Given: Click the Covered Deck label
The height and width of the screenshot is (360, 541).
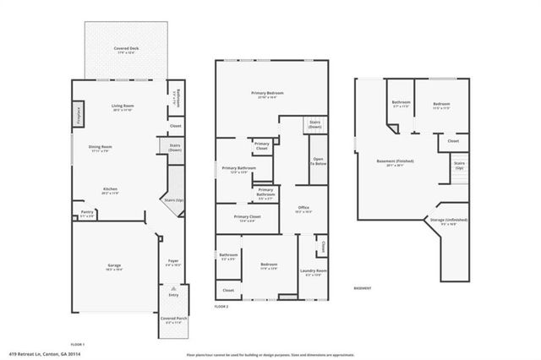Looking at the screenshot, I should (128, 50).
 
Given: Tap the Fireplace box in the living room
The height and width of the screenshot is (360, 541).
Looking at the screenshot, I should (77, 112).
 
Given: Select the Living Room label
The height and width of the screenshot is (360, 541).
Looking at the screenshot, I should (123, 106).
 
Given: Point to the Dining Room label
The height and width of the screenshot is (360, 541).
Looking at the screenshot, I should (101, 147).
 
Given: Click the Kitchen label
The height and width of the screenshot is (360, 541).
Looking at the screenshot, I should (110, 188).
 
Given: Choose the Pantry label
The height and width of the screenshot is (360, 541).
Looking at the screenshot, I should (87, 212).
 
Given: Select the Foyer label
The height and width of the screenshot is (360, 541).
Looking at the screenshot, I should (172, 261).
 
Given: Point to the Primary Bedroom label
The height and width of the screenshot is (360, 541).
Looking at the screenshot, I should (267, 92).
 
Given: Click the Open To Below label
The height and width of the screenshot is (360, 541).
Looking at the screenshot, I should (319, 161).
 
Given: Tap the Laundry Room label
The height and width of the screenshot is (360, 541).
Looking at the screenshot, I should (313, 270).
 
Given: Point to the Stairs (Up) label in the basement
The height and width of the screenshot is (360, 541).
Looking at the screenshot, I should (459, 165).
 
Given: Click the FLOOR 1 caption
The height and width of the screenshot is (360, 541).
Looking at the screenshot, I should (77, 343).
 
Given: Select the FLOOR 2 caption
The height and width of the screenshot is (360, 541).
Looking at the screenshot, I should (221, 307).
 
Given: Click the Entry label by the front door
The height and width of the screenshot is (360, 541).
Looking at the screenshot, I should (173, 295).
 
